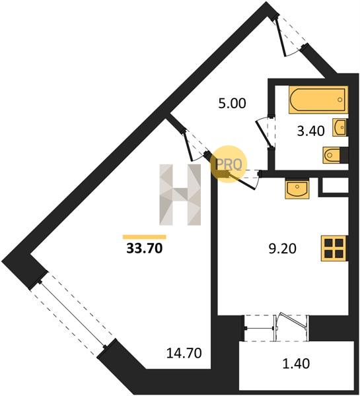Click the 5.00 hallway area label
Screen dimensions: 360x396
coord(232,104)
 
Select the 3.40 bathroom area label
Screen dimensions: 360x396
coord(310,131)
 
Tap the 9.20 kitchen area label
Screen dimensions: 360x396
coord(282,249)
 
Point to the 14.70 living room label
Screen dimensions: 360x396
coord(184,353)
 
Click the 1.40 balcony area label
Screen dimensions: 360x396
coord(296,364)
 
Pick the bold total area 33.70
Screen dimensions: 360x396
coord(145,249)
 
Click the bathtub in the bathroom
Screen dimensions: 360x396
coord(318,100)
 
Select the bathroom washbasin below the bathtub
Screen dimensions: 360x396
coord(340,127)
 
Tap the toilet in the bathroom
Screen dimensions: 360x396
coord(332,154)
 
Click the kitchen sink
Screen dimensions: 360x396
coord(297,188)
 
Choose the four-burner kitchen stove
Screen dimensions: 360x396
coord(334,248)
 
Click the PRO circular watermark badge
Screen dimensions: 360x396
coord(229,164)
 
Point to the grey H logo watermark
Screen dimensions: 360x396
coord(180,195)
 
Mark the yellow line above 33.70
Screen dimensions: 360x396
coord(145,237)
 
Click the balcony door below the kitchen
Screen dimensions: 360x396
coord(276,328)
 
